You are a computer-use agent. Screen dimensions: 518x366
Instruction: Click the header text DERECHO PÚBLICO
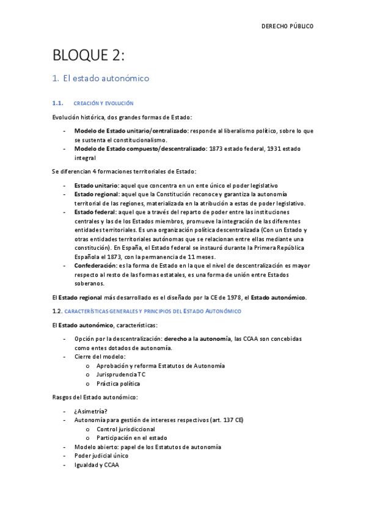[x=287, y=26]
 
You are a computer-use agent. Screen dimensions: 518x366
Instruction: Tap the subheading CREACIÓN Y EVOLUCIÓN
[x=103, y=103]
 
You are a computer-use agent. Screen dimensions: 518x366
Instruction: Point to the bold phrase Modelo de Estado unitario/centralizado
[x=131, y=131]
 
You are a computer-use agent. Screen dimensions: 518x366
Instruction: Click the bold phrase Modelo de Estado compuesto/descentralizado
[x=139, y=148]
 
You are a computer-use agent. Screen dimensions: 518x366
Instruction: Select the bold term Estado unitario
[x=97, y=184]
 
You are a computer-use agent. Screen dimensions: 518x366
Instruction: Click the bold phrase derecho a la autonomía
[x=197, y=338]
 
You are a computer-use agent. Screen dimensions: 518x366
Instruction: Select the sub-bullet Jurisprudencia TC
[x=121, y=374]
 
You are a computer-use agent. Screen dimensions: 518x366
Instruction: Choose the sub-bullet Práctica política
[x=118, y=383]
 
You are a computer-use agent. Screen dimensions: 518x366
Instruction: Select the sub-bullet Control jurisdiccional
[x=125, y=429]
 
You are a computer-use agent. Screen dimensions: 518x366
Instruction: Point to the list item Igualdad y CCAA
[x=97, y=464]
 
